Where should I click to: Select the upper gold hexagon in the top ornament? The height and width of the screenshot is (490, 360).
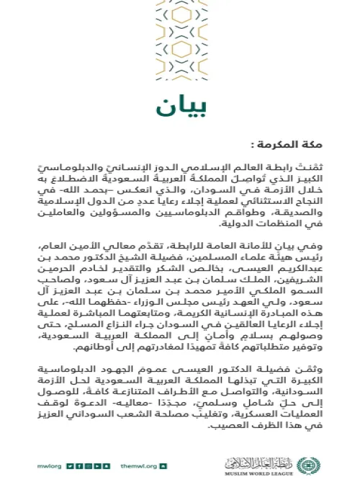click(180, 16)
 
